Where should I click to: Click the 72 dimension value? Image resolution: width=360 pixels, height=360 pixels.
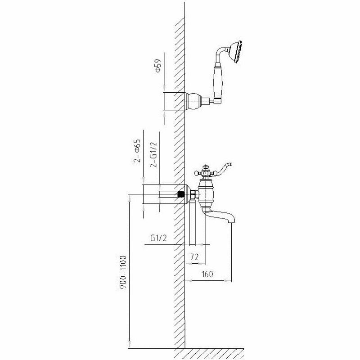coord(194,256)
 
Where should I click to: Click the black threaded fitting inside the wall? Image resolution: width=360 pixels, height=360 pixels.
coord(181,195)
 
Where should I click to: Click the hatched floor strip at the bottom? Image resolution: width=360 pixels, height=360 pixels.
coord(211,353)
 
